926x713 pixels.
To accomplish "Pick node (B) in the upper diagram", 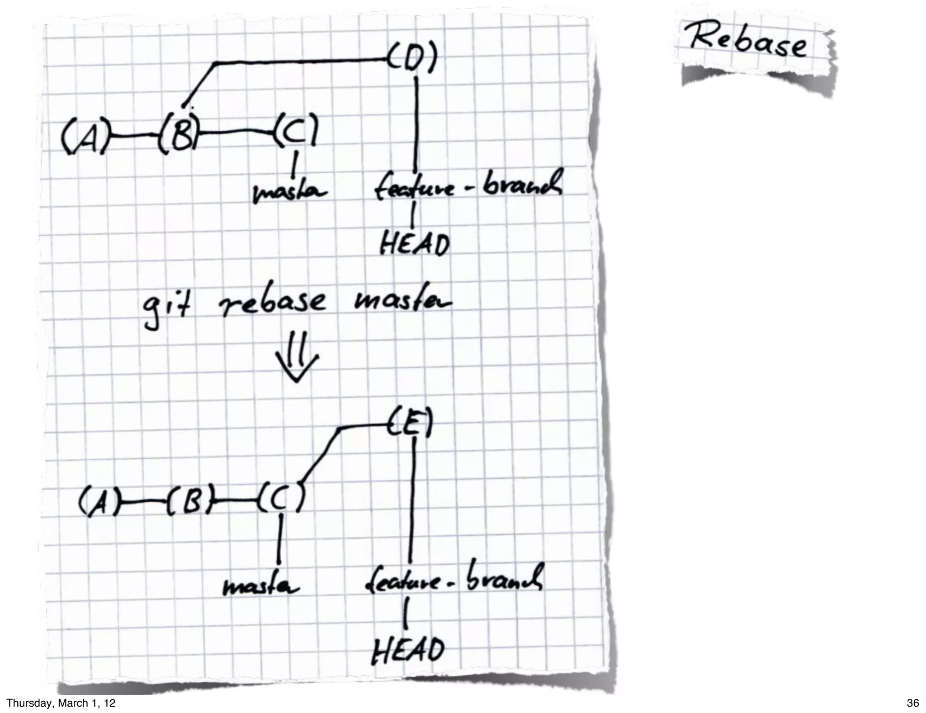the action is pyautogui.click(x=180, y=134).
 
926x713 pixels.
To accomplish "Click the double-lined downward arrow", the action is pyautogui.click(x=297, y=357).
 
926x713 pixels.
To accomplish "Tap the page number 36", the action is pyautogui.click(x=912, y=703).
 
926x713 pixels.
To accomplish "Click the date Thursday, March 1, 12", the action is pyautogui.click(x=61, y=703).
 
